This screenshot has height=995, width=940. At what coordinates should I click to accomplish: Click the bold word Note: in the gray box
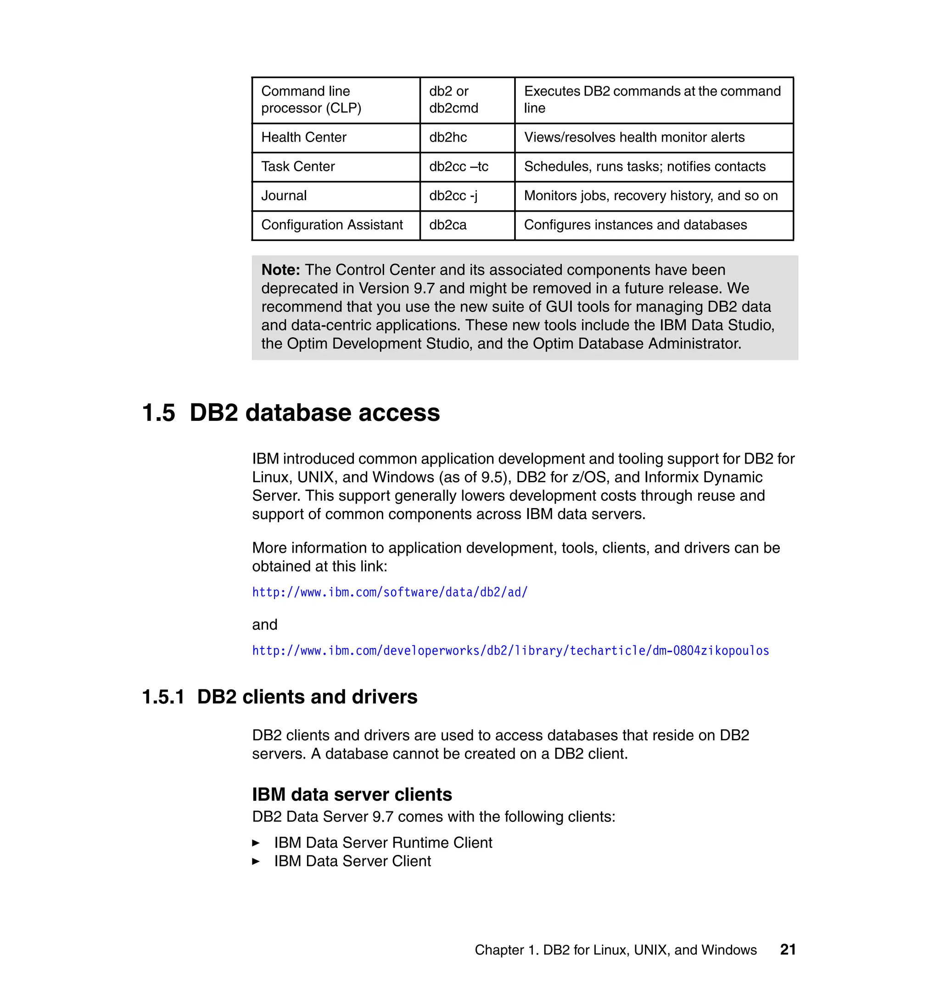point(280,270)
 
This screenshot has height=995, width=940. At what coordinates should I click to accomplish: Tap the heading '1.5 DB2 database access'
point(291,413)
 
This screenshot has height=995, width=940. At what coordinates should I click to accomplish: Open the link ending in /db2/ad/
point(390,592)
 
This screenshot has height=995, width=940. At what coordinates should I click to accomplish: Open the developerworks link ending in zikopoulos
point(510,650)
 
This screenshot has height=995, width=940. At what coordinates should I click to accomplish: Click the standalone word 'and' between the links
point(264,624)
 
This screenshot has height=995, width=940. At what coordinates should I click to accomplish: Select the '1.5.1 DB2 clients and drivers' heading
point(280,697)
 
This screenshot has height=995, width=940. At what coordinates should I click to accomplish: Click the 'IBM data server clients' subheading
point(352,794)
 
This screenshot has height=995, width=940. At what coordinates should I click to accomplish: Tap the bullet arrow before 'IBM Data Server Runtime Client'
point(256,843)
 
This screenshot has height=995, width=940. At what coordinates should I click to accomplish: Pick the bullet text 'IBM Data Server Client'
point(352,861)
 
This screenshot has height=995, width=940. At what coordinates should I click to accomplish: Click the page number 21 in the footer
point(788,950)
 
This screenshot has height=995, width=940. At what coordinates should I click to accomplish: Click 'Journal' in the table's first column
point(284,196)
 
